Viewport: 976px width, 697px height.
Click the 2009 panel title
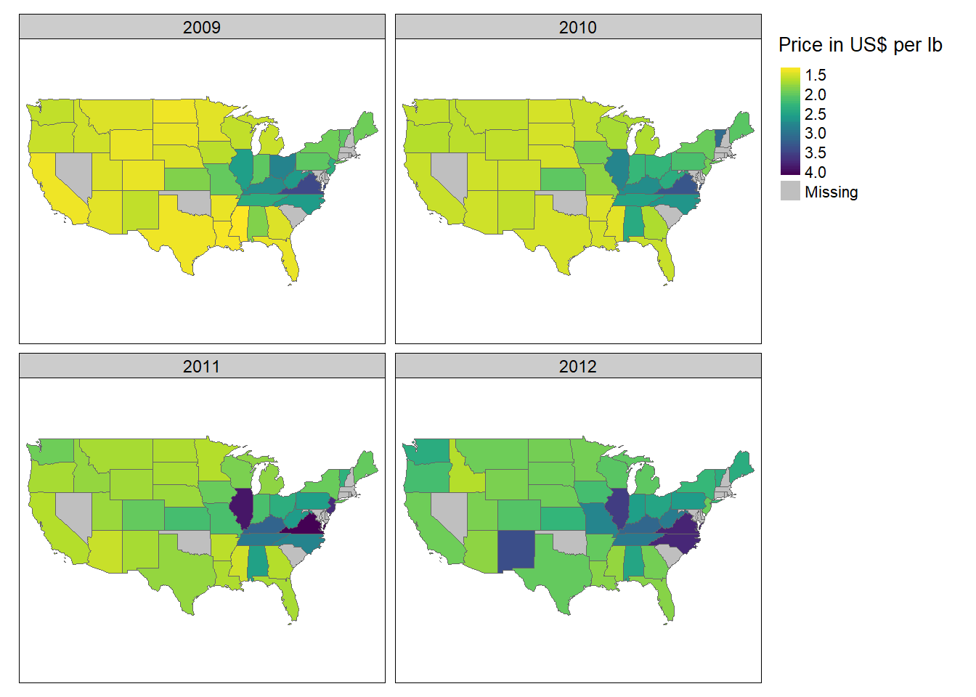coord(201,27)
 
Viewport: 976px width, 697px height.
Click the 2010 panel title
coord(577,27)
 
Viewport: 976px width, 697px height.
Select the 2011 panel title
coord(201,366)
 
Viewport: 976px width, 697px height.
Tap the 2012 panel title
coord(577,366)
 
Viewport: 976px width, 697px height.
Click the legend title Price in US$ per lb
coord(860,45)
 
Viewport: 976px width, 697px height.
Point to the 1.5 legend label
coord(815,75)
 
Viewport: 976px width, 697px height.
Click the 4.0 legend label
coord(815,172)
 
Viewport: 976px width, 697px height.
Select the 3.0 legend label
coord(815,133)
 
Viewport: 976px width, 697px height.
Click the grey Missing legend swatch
coord(790,191)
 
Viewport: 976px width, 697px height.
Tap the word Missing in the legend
coord(831,192)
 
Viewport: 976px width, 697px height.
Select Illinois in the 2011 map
coord(241,508)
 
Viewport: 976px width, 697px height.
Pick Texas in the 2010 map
coord(563,225)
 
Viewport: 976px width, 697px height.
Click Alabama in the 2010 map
coord(633,221)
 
